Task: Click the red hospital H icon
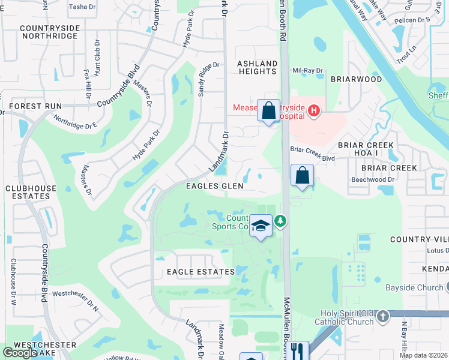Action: [x=314, y=110]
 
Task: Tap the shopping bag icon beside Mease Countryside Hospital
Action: [x=268, y=111]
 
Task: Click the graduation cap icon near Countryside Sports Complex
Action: [x=261, y=226]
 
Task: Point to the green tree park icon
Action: [x=280, y=222]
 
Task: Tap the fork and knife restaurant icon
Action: [x=297, y=351]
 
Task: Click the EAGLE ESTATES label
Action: [x=201, y=272]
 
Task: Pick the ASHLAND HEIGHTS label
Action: [x=257, y=67]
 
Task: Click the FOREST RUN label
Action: [x=35, y=106]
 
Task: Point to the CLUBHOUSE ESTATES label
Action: [x=27, y=192]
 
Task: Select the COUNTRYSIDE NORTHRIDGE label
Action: [x=49, y=32]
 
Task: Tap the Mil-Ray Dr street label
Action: [x=307, y=70]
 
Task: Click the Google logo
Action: [x=20, y=353]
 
